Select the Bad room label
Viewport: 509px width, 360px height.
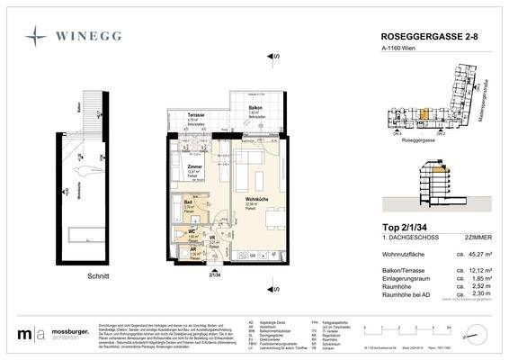tap(188, 203)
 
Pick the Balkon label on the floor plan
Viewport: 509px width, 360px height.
tap(255, 108)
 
